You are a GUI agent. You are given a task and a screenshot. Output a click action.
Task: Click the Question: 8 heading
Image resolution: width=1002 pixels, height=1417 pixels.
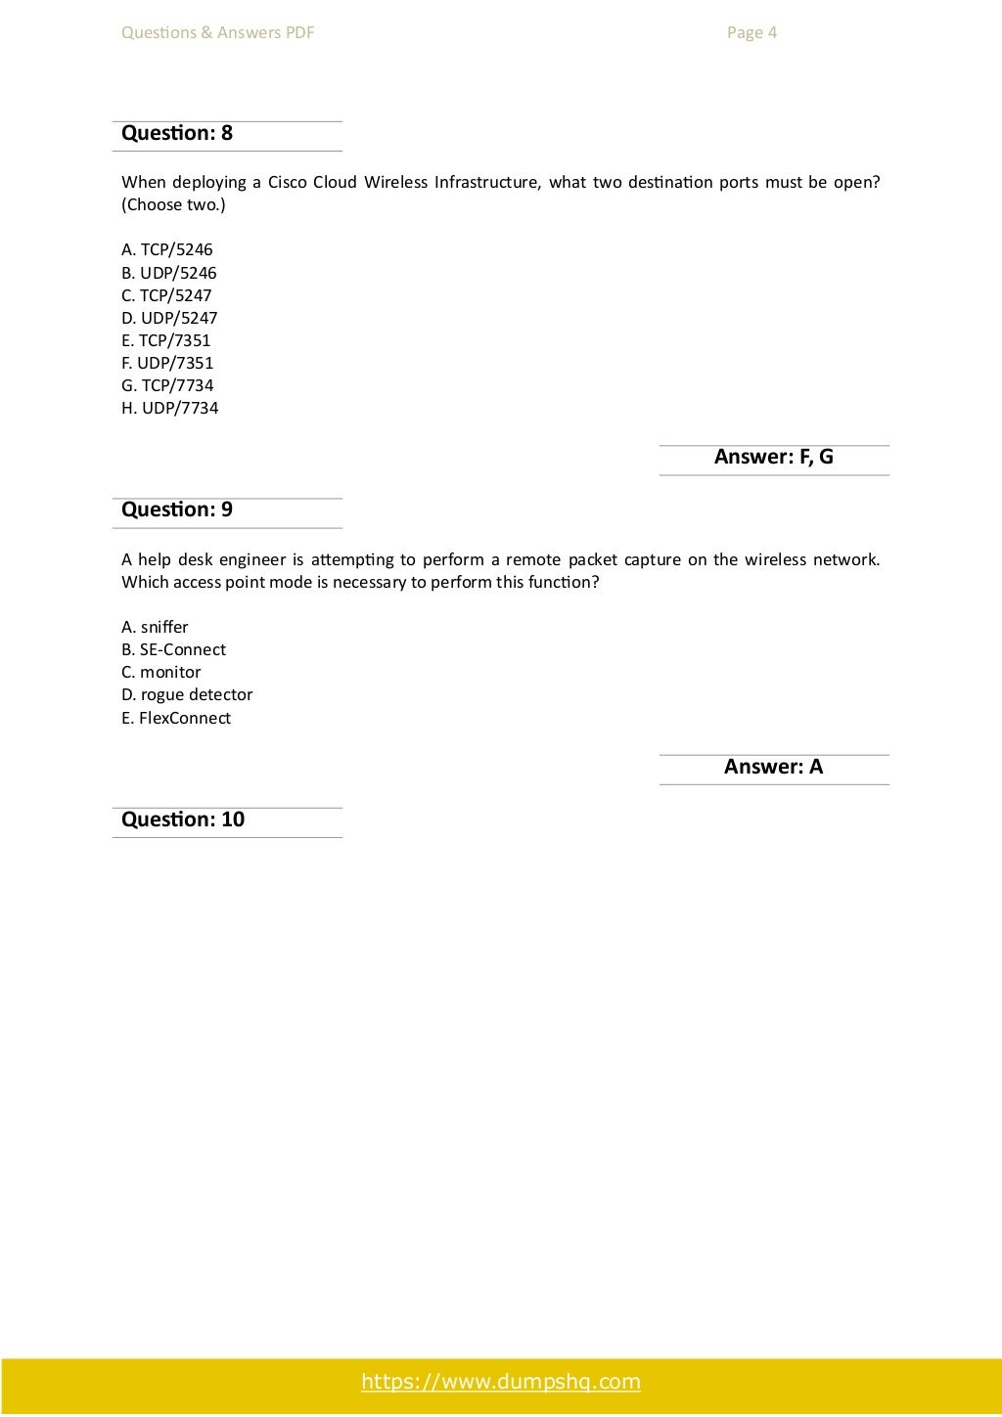(177, 133)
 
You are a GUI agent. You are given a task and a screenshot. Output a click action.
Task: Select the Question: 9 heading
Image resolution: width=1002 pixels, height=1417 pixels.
(177, 509)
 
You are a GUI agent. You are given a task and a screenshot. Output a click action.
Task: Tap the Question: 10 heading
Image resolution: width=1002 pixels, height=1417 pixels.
(183, 819)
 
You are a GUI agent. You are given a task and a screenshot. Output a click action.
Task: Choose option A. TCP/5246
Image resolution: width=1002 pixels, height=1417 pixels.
(167, 249)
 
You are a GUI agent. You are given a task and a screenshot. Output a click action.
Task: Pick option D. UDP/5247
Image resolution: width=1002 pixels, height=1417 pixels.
(169, 318)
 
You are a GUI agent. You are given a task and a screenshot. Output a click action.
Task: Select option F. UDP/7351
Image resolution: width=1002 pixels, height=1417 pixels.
(167, 363)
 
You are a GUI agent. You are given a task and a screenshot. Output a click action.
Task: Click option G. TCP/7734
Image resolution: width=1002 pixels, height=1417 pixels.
(167, 385)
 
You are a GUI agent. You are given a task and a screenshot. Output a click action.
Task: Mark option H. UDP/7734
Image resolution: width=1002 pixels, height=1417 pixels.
(170, 408)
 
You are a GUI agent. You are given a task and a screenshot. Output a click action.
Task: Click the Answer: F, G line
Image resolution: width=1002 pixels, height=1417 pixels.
(773, 457)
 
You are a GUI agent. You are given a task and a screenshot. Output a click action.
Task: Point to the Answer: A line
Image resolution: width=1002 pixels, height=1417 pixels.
(773, 767)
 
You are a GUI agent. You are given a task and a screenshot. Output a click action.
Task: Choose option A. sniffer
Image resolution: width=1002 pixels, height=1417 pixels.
(155, 627)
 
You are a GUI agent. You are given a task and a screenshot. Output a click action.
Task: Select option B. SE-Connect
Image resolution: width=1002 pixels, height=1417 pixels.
(173, 649)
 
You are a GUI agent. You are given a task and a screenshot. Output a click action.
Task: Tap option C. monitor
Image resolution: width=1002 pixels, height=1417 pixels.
(161, 672)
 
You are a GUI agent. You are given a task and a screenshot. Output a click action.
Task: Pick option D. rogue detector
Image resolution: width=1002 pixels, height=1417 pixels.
(187, 694)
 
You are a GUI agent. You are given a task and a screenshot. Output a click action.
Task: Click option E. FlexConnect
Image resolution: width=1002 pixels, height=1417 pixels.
(176, 718)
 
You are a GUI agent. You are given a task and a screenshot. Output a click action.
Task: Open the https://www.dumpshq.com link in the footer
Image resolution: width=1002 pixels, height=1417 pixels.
(501, 1382)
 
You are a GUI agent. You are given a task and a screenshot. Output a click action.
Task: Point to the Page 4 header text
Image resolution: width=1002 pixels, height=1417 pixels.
(751, 32)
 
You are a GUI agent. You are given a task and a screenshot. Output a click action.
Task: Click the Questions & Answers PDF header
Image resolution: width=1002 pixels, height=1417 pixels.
(218, 32)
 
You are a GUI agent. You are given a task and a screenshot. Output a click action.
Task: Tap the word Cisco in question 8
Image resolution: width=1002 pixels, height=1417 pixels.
(287, 182)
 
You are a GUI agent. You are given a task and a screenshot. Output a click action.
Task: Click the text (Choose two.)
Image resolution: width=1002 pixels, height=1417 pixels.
(173, 204)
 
